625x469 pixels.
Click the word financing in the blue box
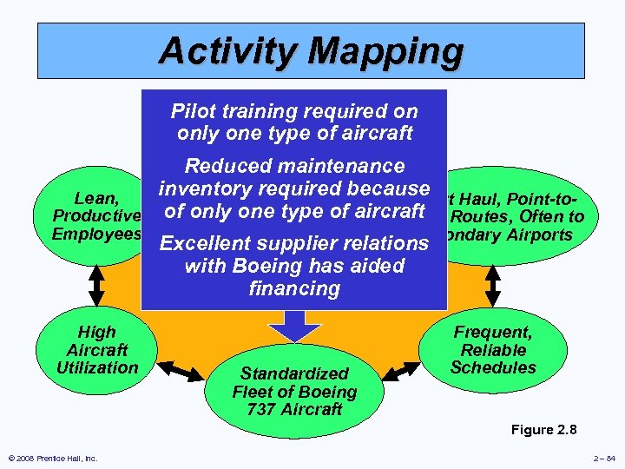click(x=294, y=287)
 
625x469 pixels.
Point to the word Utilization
click(x=97, y=367)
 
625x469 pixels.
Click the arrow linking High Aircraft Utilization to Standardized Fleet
click(x=184, y=373)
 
